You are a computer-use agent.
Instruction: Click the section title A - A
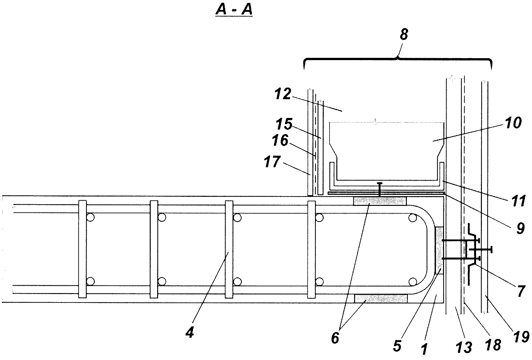234,10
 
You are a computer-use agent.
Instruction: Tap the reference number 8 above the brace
404,34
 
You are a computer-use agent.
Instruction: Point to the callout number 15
284,124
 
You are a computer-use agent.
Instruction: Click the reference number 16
280,140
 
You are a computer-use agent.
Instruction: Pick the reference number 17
272,162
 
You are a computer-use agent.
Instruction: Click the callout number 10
514,123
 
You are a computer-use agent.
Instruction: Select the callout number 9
520,228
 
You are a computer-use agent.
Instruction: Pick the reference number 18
493,344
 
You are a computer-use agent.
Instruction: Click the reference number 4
190,332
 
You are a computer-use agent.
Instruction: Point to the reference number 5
397,346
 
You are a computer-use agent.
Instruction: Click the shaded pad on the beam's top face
380,201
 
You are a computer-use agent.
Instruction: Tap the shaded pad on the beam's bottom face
381,299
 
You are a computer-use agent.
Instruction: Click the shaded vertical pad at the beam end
439,250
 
